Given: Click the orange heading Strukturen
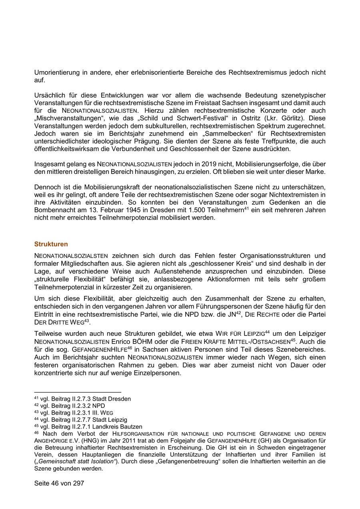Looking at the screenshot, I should coord(51,244).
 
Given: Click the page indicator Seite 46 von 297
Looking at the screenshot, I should coord(59,483).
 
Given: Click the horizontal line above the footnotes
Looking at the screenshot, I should coord(78,392).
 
